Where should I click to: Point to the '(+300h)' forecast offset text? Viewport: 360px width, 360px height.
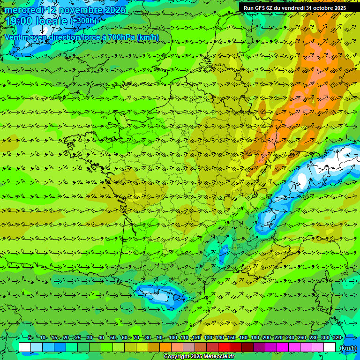click(83, 21)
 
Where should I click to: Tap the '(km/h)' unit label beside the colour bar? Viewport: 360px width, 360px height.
click(347, 348)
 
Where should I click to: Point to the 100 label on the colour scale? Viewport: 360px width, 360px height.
click(173, 338)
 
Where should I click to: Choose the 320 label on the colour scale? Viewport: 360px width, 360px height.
click(337, 338)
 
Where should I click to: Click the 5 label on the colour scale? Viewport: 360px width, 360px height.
click(30, 338)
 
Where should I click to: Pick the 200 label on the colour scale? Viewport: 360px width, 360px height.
click(267, 338)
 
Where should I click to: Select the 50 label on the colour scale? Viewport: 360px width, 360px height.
click(113, 338)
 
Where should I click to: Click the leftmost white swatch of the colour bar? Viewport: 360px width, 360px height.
click(25, 347)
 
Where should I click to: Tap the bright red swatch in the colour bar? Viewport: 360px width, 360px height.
click(225, 347)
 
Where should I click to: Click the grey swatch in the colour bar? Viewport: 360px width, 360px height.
click(189, 347)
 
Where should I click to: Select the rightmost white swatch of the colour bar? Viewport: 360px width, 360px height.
click(330, 347)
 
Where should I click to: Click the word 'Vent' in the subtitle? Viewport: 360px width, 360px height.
click(14, 37)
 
